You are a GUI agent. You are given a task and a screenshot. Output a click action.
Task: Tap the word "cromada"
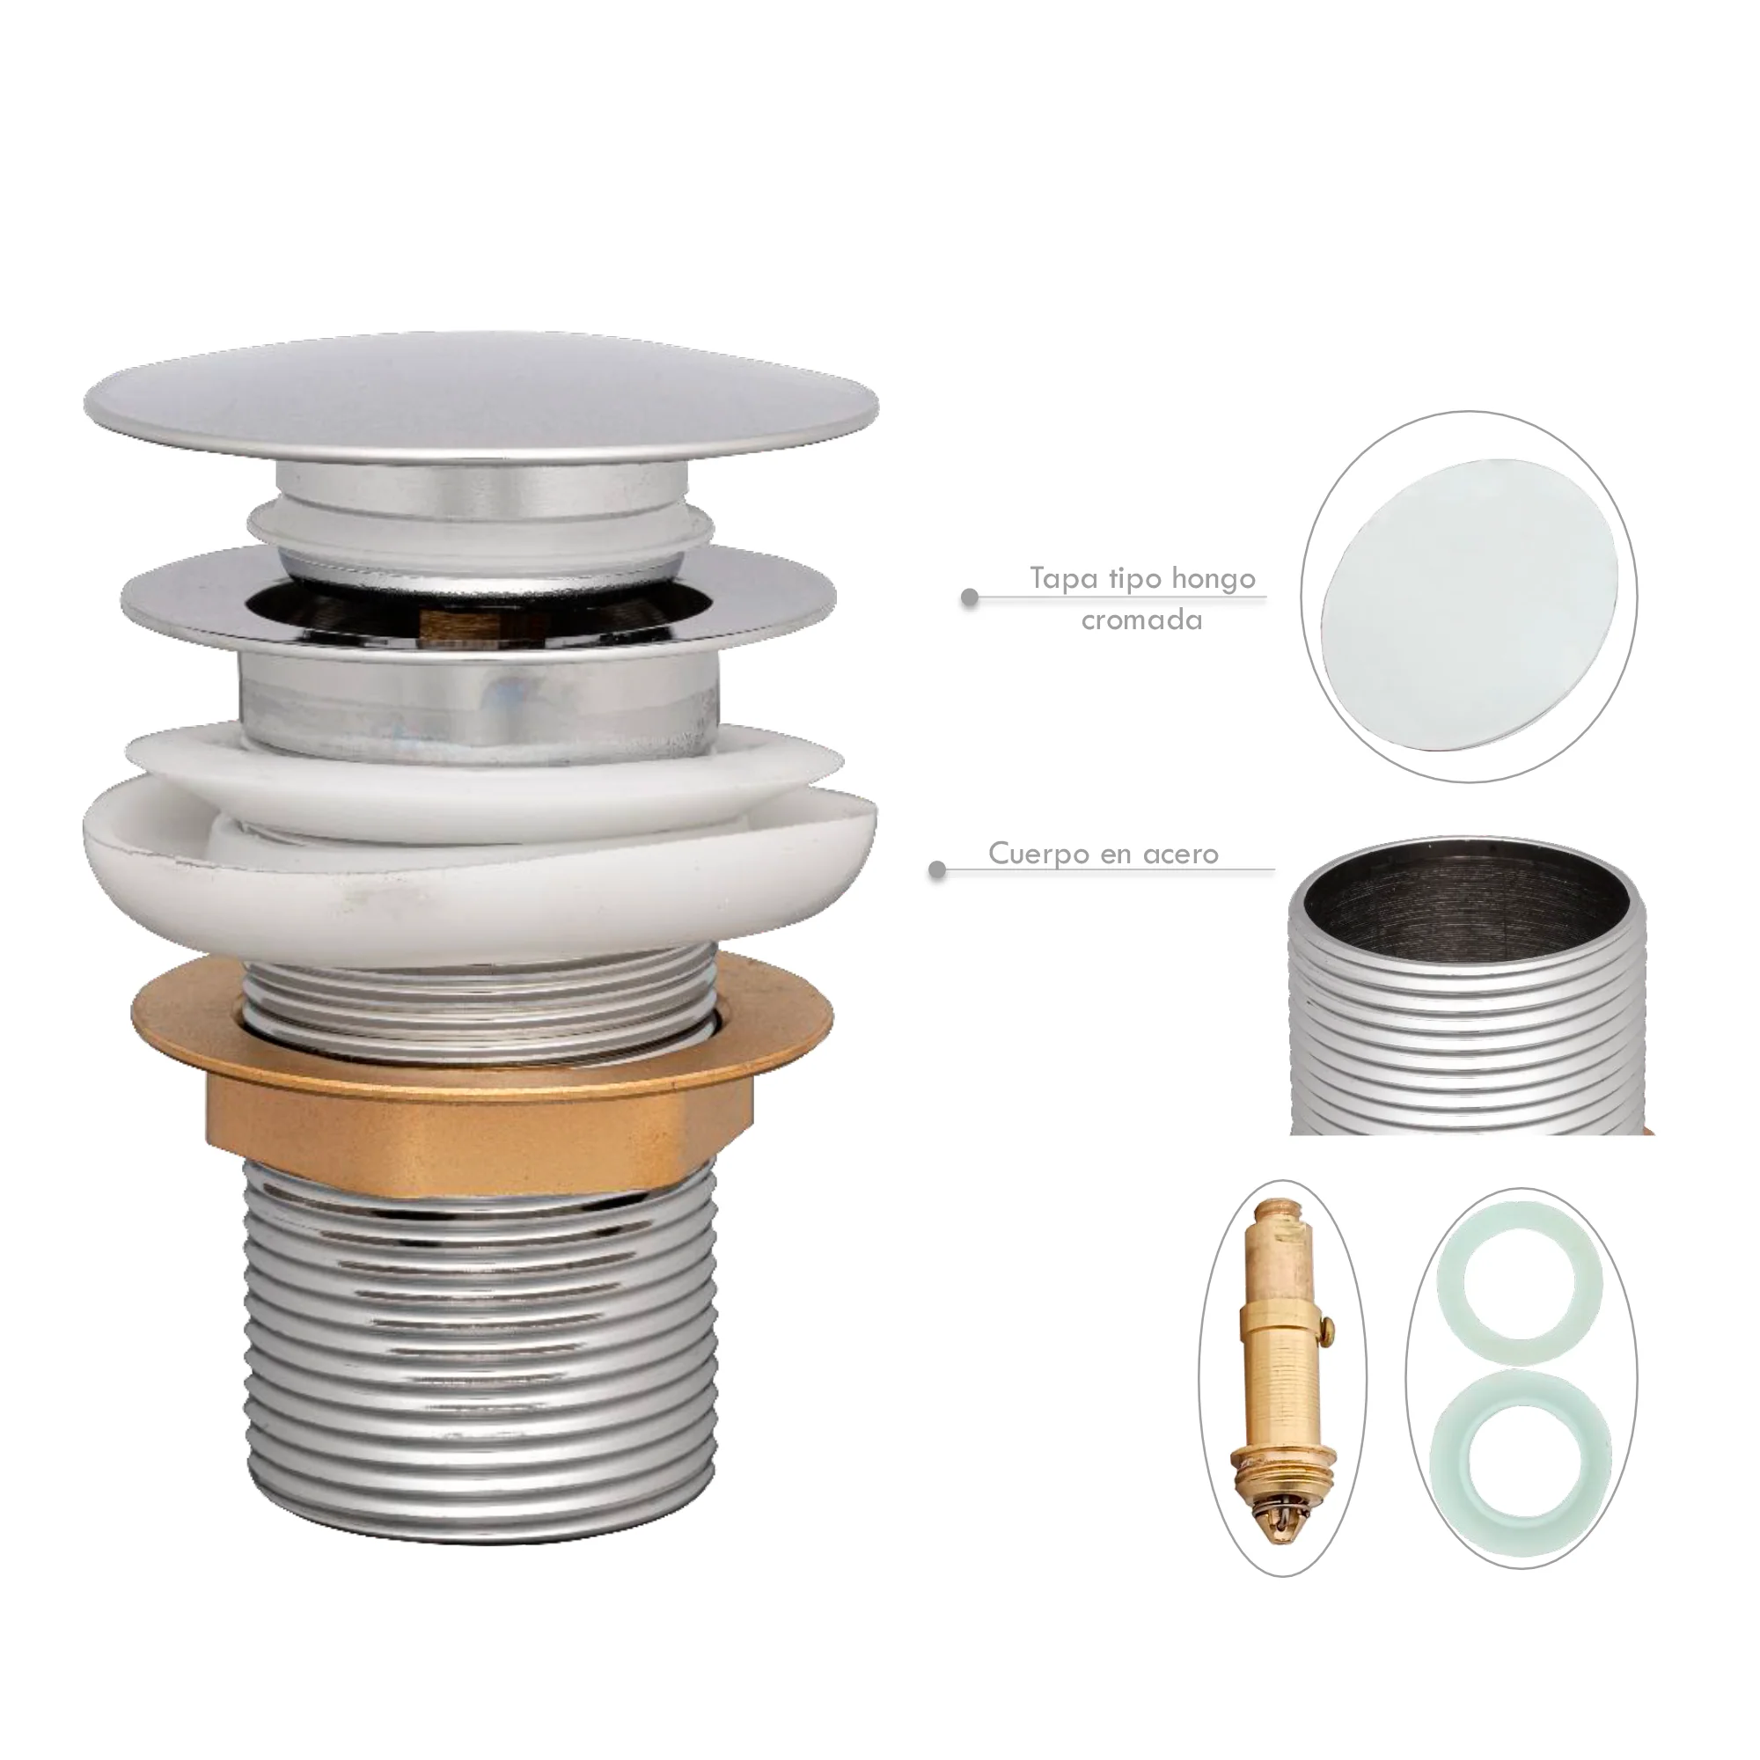(1142, 621)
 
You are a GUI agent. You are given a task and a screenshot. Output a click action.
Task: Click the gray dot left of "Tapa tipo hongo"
(970, 598)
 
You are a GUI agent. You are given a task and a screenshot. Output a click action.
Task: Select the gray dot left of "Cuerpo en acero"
(937, 871)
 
